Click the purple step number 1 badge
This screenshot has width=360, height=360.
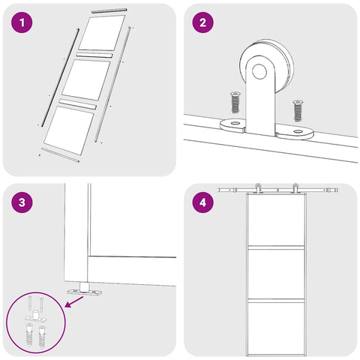pyautogui.click(x=22, y=22)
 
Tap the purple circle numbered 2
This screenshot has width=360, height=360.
pyautogui.click(x=202, y=22)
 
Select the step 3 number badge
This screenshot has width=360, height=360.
pyautogui.click(x=22, y=202)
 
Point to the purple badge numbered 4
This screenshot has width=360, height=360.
pyautogui.click(x=202, y=202)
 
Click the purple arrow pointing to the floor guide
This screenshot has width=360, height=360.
pyautogui.click(x=74, y=301)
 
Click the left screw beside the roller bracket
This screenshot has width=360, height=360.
pyautogui.click(x=235, y=102)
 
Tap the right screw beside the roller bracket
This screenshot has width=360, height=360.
pyautogui.click(x=298, y=110)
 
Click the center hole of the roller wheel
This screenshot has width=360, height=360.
pyautogui.click(x=259, y=71)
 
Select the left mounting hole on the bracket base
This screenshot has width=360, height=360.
pyautogui.click(x=235, y=123)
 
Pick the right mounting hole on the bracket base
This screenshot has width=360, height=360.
pyautogui.click(x=298, y=131)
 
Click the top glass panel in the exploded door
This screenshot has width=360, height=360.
pyautogui.click(x=102, y=32)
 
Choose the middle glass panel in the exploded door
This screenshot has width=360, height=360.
pyautogui.click(x=86, y=79)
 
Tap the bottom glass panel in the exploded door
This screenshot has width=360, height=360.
pyautogui.click(x=69, y=130)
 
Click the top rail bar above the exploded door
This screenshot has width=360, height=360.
pyautogui.click(x=109, y=10)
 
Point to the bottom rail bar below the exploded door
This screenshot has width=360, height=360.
pyautogui.click(x=60, y=154)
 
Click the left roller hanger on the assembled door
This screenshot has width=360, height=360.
pyautogui.click(x=258, y=188)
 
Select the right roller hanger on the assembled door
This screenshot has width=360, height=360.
pyautogui.click(x=295, y=188)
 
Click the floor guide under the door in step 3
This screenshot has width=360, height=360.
pyautogui.click(x=85, y=289)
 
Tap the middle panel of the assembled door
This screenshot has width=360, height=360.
pyautogui.click(x=276, y=274)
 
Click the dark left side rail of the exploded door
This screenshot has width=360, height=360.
pyautogui.click(x=60, y=77)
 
